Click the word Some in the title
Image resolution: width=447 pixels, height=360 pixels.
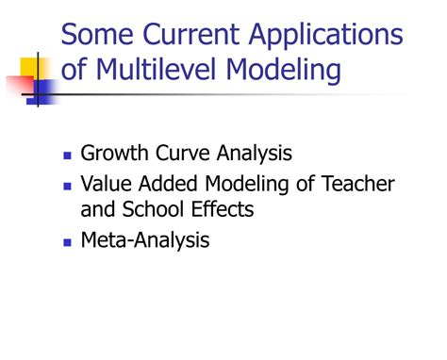(97, 34)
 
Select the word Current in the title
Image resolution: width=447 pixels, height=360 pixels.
(190, 34)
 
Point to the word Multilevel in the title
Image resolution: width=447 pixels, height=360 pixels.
(156, 69)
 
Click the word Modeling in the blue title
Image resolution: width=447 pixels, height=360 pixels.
(283, 72)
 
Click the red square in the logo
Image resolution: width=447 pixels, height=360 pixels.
(21, 85)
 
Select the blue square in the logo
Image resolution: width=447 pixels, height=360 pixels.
(43, 91)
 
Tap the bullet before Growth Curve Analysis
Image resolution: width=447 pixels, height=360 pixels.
(67, 155)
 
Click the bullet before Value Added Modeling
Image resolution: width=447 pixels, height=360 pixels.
(67, 187)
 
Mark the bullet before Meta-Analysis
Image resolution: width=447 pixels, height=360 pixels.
(67, 242)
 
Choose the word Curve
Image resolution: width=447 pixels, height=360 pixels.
(183, 153)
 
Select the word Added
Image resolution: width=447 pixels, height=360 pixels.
(168, 183)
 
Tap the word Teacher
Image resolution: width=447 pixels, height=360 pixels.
(357, 183)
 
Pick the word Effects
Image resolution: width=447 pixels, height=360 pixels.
(223, 209)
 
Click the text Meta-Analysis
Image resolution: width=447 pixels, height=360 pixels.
(145, 240)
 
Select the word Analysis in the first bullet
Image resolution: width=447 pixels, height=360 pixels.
(255, 154)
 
